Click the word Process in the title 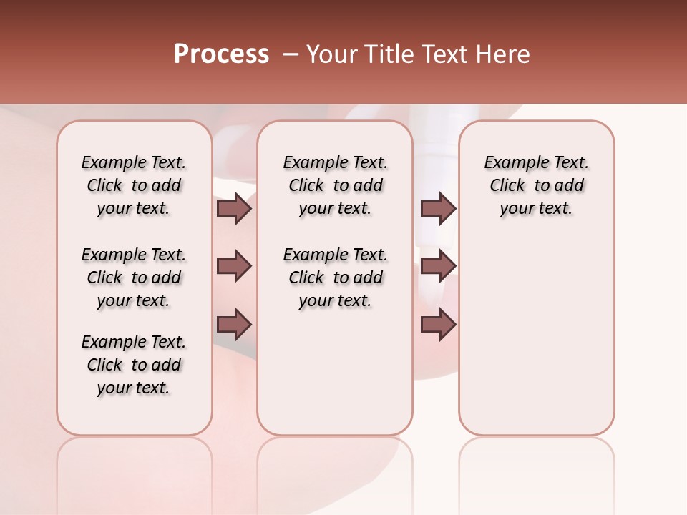click(221, 54)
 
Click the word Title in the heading click(387, 54)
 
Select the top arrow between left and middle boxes click(234, 208)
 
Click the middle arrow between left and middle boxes click(234, 266)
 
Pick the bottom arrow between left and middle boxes click(234, 324)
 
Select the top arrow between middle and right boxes click(438, 208)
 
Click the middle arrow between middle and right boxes click(438, 266)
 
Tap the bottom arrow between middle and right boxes click(438, 324)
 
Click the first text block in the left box click(134, 185)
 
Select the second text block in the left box click(134, 278)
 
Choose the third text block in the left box click(134, 365)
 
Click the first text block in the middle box click(335, 185)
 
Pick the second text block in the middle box click(335, 278)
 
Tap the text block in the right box click(537, 185)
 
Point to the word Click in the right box click(507, 186)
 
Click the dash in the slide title click(290, 54)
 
